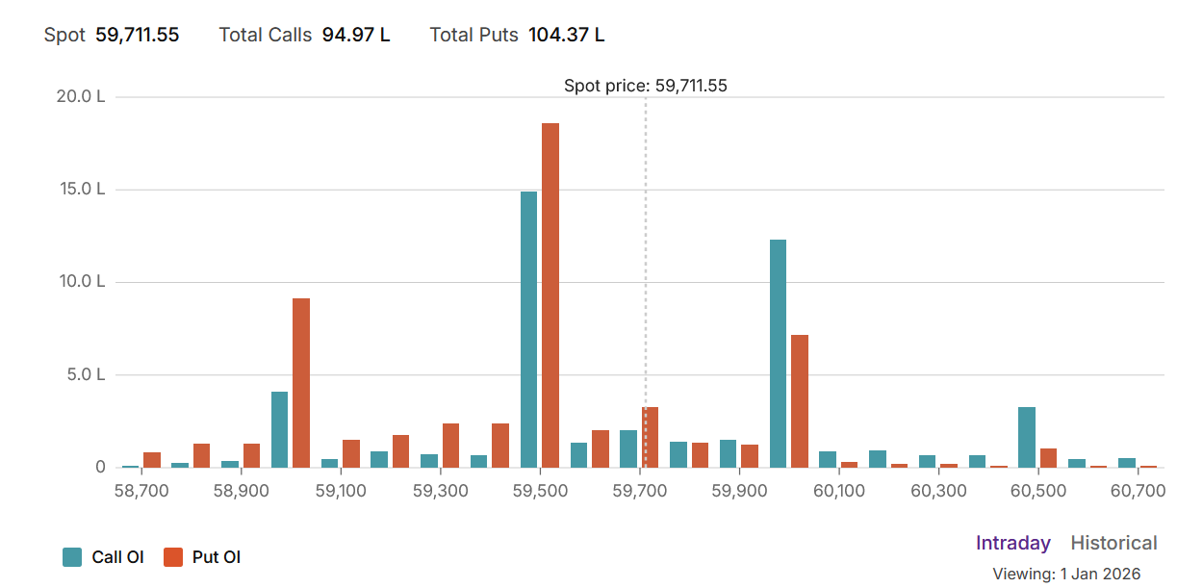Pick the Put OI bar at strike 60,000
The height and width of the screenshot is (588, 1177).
coord(799,400)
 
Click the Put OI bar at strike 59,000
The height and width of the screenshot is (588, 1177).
coord(301,382)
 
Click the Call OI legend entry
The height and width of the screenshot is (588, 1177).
coord(104,556)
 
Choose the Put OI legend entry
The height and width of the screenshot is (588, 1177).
coord(202,556)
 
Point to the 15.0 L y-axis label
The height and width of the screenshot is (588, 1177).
coord(81,190)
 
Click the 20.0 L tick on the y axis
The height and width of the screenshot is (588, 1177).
coord(81,97)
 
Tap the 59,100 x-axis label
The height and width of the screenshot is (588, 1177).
coord(341,491)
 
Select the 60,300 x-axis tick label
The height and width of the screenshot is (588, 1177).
coord(938,491)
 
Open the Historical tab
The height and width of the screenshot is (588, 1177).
coord(1113,543)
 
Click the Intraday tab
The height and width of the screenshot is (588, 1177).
coord(1012,543)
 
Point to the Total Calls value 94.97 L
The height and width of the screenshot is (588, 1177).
coord(356,36)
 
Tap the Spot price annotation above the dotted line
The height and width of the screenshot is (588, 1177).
coord(645,86)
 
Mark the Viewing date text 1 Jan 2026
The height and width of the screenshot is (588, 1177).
coord(1100,574)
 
